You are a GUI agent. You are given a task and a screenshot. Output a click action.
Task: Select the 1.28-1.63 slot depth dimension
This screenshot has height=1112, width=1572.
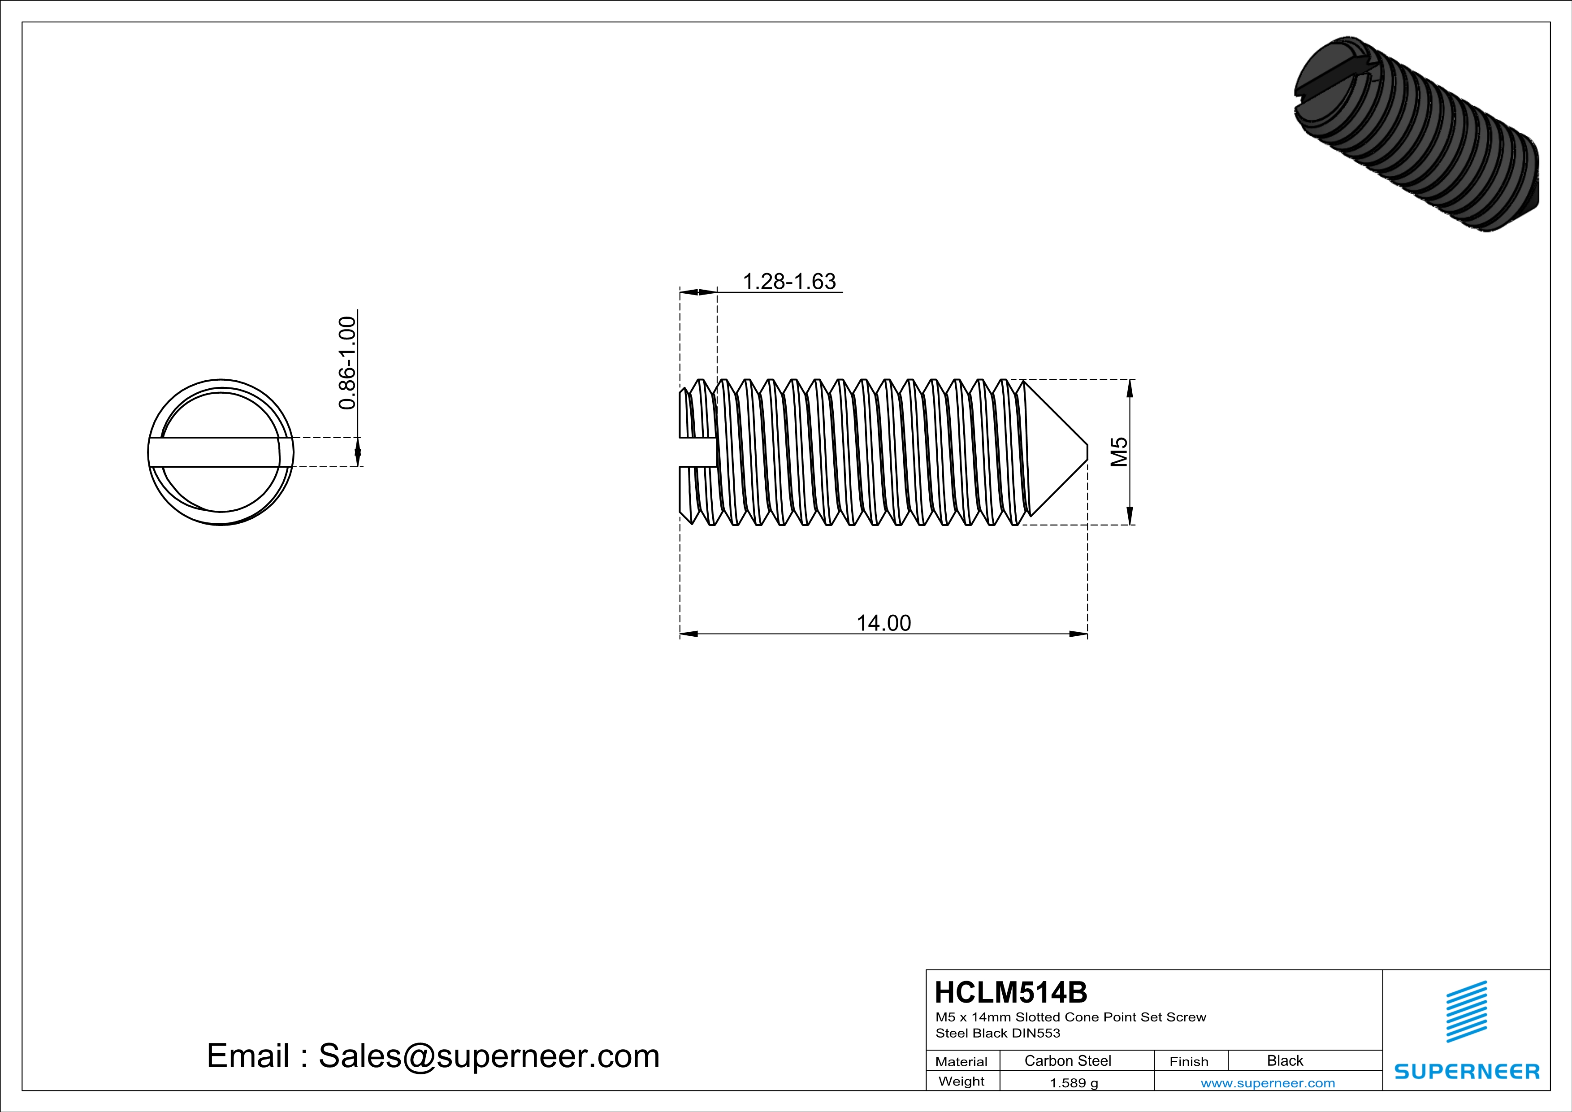(x=789, y=282)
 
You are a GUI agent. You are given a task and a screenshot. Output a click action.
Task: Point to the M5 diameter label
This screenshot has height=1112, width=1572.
(x=1119, y=452)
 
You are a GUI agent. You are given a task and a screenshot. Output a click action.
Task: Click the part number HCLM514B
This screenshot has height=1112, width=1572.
(x=1010, y=992)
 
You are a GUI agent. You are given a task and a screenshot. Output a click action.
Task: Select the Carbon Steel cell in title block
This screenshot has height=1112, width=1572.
(x=1067, y=1060)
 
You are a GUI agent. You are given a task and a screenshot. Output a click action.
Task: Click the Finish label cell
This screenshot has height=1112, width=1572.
(x=1189, y=1061)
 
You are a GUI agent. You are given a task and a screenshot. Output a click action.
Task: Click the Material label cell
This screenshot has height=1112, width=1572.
(x=961, y=1061)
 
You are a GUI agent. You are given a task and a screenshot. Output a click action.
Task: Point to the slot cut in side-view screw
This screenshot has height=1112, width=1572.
(x=698, y=452)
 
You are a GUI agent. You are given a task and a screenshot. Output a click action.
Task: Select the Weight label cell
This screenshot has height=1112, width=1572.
(x=961, y=1081)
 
